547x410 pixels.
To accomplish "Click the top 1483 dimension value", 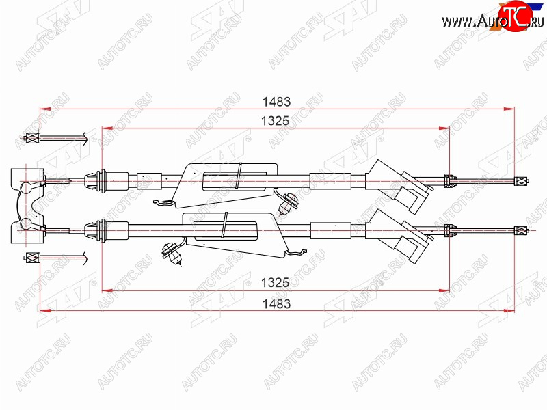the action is click(x=276, y=102).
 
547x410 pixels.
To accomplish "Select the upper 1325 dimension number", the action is click(x=276, y=121).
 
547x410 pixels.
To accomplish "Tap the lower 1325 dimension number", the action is click(x=276, y=282).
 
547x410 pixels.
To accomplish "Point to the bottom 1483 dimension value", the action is click(x=276, y=303).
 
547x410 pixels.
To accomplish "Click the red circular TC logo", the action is click(x=516, y=16).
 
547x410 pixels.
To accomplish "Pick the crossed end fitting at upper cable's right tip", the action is click(x=521, y=181).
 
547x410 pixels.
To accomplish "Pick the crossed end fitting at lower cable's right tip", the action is click(x=521, y=230).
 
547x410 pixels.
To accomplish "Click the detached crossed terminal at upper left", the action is click(x=32, y=138).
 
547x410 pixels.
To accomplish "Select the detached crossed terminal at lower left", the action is click(x=32, y=258).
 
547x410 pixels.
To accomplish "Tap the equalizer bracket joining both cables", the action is click(x=27, y=206).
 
